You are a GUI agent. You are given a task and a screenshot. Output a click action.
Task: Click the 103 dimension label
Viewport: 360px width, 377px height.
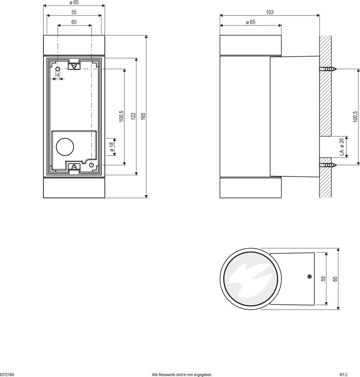(x=270, y=12)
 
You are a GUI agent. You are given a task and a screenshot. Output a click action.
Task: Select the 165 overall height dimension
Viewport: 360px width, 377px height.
(x=143, y=116)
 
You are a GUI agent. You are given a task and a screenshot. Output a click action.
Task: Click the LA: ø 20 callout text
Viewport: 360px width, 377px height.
(x=342, y=147)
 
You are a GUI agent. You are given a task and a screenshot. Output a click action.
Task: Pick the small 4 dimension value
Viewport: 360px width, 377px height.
(x=58, y=75)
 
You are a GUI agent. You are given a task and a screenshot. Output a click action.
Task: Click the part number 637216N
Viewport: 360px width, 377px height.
(x=7, y=374)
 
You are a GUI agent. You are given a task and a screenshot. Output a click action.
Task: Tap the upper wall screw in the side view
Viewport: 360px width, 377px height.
(x=328, y=69)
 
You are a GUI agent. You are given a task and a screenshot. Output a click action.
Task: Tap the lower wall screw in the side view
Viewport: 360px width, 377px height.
(x=328, y=165)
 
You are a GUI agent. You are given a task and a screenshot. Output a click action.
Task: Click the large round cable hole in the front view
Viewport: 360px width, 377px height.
(x=65, y=147)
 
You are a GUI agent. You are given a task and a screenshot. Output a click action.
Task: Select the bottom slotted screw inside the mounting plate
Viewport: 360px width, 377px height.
(x=75, y=167)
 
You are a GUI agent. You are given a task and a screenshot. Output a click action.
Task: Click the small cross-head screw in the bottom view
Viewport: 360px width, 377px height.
(x=310, y=276)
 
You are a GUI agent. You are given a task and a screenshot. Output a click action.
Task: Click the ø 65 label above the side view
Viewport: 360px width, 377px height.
(x=250, y=22)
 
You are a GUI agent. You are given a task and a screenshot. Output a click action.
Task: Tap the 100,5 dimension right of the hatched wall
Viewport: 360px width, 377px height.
(x=355, y=117)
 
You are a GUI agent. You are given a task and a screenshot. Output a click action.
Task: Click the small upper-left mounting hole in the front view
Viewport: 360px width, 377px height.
(x=58, y=69)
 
